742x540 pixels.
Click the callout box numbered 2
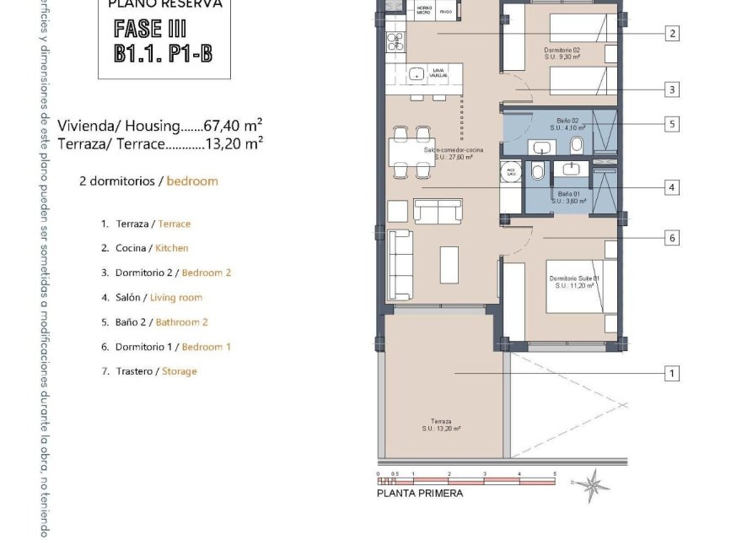click(x=672, y=34)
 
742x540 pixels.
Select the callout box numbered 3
click(x=672, y=89)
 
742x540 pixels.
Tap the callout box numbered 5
click(x=672, y=124)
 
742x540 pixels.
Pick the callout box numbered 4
click(x=672, y=187)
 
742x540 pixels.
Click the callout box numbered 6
click(x=672, y=238)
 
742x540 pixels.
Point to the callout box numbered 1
click(x=672, y=373)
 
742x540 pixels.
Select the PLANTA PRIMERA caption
click(x=419, y=494)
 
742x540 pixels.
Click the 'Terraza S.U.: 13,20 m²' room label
click(x=442, y=425)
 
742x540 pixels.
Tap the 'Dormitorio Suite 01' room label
click(x=573, y=282)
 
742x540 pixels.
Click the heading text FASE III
click(x=150, y=29)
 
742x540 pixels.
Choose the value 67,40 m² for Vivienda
click(x=234, y=127)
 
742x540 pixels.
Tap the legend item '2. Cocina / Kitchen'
click(x=144, y=248)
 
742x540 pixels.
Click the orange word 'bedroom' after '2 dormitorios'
click(x=192, y=181)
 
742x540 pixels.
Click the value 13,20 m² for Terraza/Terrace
click(x=235, y=143)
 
